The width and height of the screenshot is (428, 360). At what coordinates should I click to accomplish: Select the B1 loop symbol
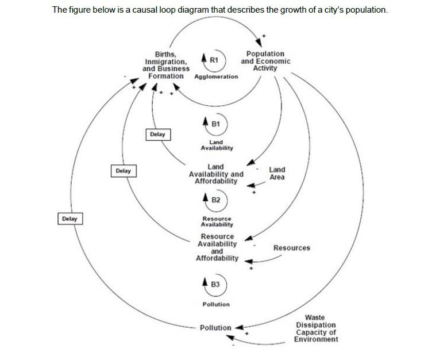(x=215, y=122)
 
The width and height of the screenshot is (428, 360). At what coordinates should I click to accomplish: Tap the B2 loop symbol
(x=215, y=200)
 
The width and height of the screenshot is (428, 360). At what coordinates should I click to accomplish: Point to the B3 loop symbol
(x=215, y=284)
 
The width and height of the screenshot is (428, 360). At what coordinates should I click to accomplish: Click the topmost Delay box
(x=157, y=134)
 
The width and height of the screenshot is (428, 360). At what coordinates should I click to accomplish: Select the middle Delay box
(x=123, y=171)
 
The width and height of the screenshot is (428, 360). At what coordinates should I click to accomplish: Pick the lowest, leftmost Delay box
(x=70, y=219)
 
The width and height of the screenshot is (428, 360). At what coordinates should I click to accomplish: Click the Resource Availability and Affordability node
(x=217, y=247)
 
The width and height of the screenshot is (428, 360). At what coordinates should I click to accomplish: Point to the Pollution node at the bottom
(x=215, y=328)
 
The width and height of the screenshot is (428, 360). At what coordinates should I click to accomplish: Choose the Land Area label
(x=277, y=174)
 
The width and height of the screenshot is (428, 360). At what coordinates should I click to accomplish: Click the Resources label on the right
(x=291, y=248)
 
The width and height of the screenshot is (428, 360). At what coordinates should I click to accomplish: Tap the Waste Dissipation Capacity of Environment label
(x=316, y=328)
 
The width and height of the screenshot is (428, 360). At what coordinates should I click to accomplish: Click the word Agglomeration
(x=216, y=76)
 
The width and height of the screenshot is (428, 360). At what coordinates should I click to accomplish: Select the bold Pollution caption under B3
(x=215, y=304)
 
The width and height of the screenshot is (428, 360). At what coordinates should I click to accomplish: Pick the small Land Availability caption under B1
(x=217, y=145)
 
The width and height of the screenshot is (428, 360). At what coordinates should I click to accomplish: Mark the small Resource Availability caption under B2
(x=217, y=222)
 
